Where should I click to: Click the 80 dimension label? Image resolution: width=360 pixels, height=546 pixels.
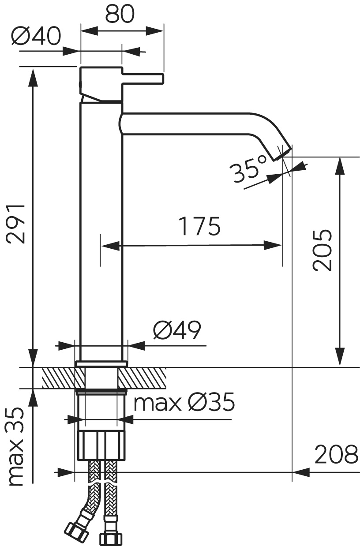[120, 14]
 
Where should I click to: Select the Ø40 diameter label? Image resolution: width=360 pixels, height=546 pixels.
[36, 36]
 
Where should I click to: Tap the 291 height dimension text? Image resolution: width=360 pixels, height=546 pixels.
[16, 224]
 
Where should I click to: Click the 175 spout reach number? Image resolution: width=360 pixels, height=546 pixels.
[199, 226]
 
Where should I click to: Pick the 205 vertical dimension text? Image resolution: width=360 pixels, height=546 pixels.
[322, 250]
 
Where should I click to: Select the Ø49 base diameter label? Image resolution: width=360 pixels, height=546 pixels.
[177, 330]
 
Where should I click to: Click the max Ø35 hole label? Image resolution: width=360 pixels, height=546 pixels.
[184, 402]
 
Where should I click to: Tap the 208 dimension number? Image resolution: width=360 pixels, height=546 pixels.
[337, 454]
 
